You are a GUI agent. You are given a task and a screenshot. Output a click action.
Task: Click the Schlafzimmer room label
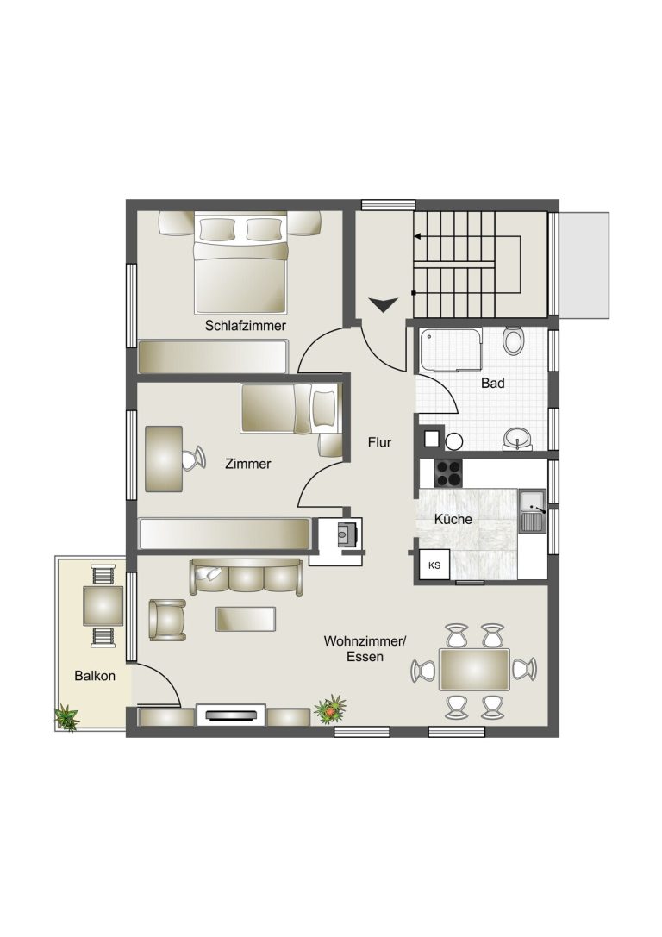click(x=245, y=326)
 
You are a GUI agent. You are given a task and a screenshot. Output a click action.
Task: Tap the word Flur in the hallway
click(x=379, y=442)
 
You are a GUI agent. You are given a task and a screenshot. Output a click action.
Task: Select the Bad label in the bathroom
click(x=493, y=383)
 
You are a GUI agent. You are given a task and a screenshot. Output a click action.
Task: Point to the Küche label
click(x=453, y=519)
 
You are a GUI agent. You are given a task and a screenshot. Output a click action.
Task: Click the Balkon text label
click(x=95, y=676)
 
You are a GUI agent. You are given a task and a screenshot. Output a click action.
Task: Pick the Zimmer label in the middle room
click(x=248, y=464)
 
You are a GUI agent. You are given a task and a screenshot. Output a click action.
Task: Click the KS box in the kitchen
click(x=434, y=565)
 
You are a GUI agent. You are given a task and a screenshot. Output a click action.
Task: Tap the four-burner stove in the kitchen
click(x=449, y=473)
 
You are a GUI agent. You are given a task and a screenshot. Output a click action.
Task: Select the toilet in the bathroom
click(x=513, y=341)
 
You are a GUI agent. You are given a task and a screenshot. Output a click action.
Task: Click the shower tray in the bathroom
click(x=451, y=350)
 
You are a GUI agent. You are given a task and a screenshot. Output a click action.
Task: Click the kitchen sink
click(x=532, y=511)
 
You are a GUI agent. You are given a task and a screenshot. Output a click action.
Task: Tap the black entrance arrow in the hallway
click(x=383, y=304)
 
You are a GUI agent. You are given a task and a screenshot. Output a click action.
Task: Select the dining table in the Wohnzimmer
click(x=474, y=669)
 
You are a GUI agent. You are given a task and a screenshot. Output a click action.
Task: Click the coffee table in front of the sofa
click(x=246, y=619)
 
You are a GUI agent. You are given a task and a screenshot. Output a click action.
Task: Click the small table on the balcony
click(x=103, y=605)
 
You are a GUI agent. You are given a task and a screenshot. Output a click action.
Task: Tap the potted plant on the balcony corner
click(x=66, y=718)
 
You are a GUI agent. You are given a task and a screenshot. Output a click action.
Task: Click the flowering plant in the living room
click(x=330, y=709)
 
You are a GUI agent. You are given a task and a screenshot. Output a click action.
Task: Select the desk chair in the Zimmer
click(x=192, y=459)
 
